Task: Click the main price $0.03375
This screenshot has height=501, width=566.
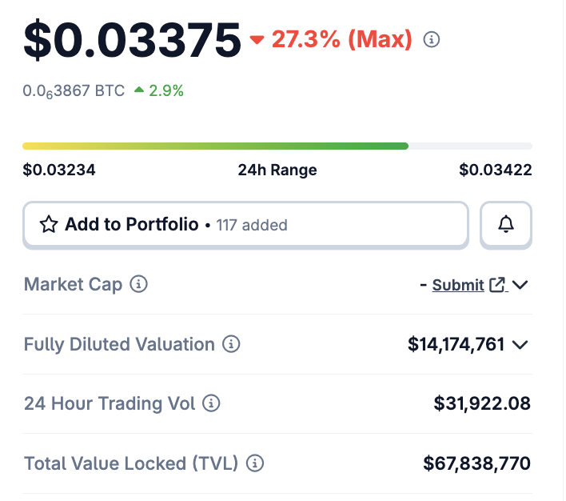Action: pos(132,40)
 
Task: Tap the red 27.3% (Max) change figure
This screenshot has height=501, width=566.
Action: pos(342,39)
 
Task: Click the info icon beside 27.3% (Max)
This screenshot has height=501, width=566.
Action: pos(432,39)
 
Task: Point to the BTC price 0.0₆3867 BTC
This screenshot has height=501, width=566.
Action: pos(74,91)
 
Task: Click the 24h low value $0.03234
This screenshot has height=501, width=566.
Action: pos(59,170)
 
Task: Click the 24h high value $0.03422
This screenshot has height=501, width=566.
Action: pos(496,170)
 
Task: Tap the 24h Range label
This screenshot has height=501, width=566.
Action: pos(277,170)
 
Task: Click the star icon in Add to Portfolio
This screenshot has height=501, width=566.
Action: pos(49,225)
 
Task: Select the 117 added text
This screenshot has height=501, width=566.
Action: pos(252,226)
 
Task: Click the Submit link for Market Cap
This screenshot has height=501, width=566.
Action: pos(458,285)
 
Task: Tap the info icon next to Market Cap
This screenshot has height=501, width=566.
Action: pos(139,284)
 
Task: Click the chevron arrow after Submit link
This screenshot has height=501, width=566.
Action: pos(520,285)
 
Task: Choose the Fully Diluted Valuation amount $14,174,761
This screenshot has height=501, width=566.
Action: pos(456,345)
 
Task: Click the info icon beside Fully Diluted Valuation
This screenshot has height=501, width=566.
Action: pos(231,345)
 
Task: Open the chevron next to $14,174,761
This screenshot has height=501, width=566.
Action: pos(520,345)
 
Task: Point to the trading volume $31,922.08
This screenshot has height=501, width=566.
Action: pos(482,404)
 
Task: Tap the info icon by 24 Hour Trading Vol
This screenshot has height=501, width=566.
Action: pos(212,404)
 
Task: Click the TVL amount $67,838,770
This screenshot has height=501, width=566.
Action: pos(477,463)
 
